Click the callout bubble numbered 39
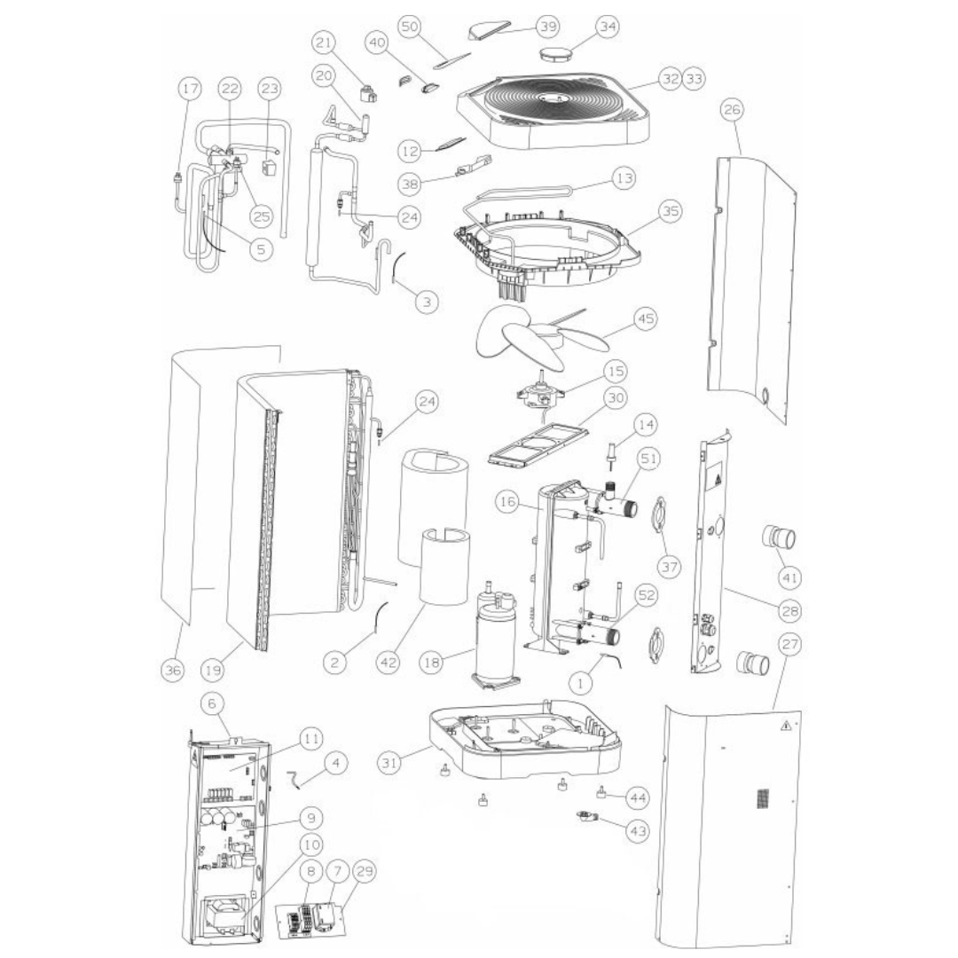tap(547, 27)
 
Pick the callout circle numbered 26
tap(733, 110)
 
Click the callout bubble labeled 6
tap(211, 703)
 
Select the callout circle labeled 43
tap(636, 831)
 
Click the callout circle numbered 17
tap(189, 90)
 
